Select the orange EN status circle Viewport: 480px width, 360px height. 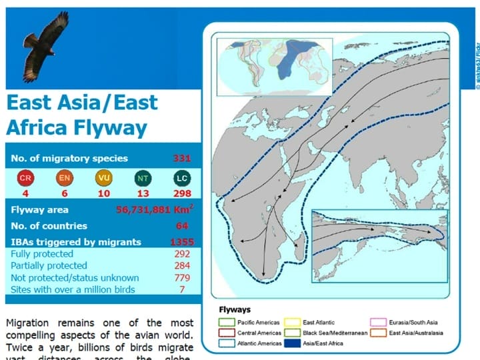pyautogui.click(x=63, y=178)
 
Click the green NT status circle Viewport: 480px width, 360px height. pyautogui.click(x=143, y=178)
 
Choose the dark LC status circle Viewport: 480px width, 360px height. pyautogui.click(x=182, y=178)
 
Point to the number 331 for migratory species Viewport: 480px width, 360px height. pyautogui.click(x=181, y=159)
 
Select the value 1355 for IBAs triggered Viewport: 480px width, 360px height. pyautogui.click(x=181, y=241)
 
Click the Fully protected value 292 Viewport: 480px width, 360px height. pyautogui.click(x=183, y=254)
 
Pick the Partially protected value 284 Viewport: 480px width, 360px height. pyautogui.click(x=183, y=266)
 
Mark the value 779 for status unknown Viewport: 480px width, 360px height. pyautogui.click(x=183, y=277)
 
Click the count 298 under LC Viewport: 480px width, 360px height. pyautogui.click(x=182, y=194)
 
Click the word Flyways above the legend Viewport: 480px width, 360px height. pyautogui.click(x=235, y=309)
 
